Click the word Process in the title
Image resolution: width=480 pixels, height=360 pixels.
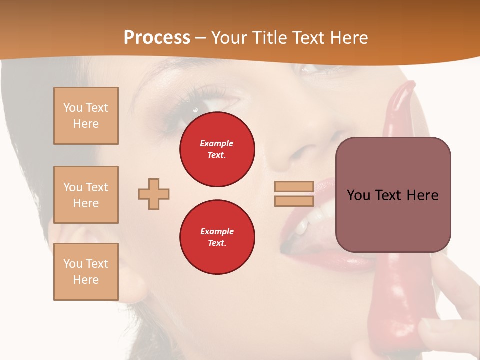pyautogui.click(x=157, y=38)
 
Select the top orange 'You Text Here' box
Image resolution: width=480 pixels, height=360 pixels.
pyautogui.click(x=86, y=116)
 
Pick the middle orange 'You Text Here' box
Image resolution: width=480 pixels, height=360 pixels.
pyautogui.click(x=86, y=195)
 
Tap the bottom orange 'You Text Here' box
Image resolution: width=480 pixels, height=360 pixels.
pyautogui.click(x=86, y=271)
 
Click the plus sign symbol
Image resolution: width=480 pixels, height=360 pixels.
pyautogui.click(x=154, y=194)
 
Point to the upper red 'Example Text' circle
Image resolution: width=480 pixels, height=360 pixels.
pyautogui.click(x=217, y=149)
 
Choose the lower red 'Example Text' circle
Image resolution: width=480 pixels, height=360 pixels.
pyautogui.click(x=217, y=237)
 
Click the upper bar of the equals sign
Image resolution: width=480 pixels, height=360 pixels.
pyautogui.click(x=294, y=187)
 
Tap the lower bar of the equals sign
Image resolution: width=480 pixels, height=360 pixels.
pyautogui.click(x=294, y=201)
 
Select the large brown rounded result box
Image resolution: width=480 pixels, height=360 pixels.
pyautogui.click(x=393, y=195)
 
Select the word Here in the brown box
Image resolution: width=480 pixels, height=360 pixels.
pyautogui.click(x=422, y=195)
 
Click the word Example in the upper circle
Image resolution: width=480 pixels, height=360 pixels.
pyautogui.click(x=217, y=143)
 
